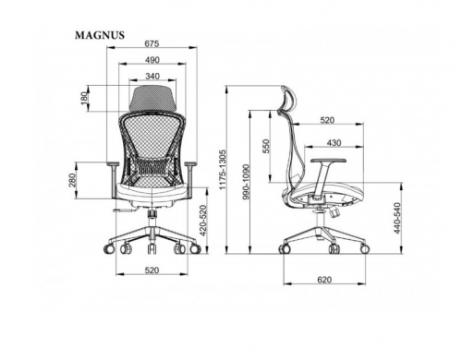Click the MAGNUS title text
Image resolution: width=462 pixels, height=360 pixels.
tap(100, 35)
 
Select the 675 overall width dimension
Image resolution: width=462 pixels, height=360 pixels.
tap(152, 43)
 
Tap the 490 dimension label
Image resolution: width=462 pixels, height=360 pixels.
tap(152, 60)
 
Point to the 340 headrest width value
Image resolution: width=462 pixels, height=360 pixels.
tap(152, 76)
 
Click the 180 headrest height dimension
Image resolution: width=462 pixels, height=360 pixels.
tap(84, 98)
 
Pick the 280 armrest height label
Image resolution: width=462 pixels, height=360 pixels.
tap(72, 181)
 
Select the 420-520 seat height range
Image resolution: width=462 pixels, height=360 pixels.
tap(203, 221)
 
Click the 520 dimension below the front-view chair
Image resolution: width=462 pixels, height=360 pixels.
tap(152, 270)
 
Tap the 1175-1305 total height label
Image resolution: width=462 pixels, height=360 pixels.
tap(223, 170)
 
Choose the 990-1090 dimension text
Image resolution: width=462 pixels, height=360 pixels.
tap(246, 182)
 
